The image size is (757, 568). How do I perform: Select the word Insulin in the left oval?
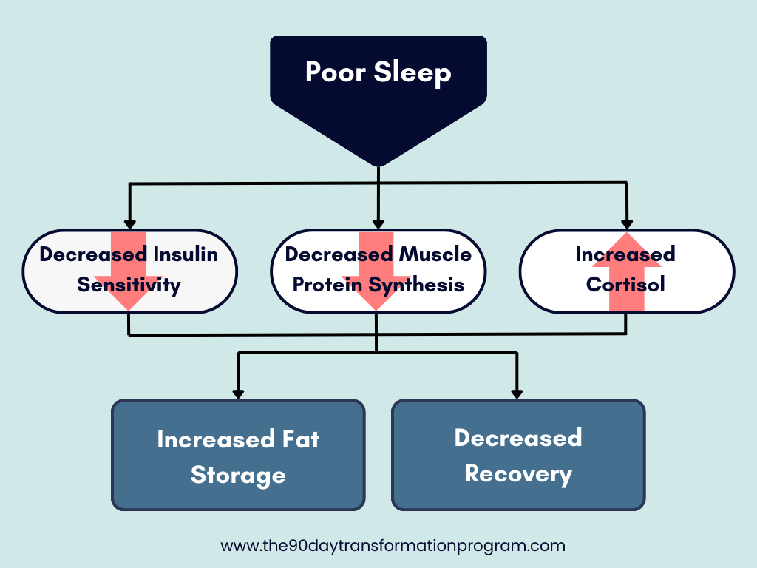(x=186, y=254)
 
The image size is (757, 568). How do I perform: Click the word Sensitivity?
(x=129, y=285)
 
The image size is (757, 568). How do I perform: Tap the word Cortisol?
(x=625, y=284)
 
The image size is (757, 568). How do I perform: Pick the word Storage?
(x=238, y=475)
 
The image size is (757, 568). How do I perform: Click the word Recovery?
(x=518, y=474)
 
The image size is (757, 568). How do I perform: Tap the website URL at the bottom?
(x=393, y=547)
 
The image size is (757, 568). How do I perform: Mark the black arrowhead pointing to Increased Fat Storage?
(x=238, y=393)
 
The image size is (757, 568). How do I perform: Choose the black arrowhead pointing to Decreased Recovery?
(x=517, y=393)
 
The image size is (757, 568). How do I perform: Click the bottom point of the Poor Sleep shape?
(x=378, y=164)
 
